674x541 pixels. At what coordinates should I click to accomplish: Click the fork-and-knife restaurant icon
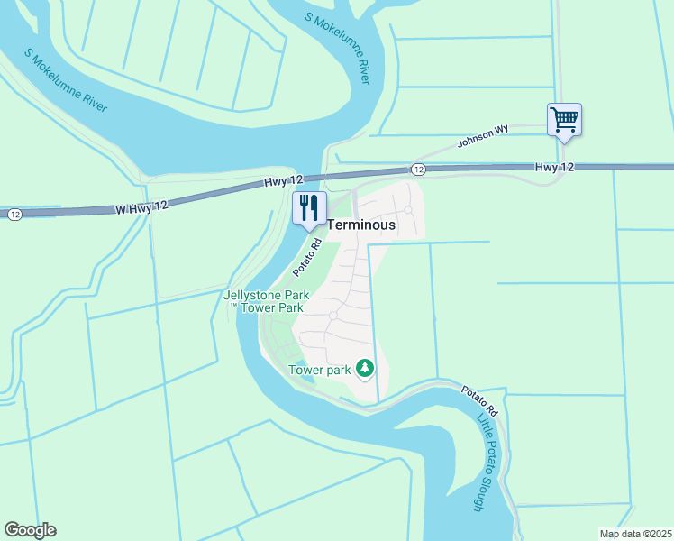309,207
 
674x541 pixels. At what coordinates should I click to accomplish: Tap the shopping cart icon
564,119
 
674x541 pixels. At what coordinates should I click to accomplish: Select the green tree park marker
365,368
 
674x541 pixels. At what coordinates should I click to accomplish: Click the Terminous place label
361,225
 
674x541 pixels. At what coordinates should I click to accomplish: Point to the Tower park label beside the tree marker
318,369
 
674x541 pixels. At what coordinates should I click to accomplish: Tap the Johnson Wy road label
483,135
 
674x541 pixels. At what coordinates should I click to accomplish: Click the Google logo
31,530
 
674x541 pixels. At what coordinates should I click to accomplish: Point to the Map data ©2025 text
635,534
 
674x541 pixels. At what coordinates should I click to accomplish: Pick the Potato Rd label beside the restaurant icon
308,257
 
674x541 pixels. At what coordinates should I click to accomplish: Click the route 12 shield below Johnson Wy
418,170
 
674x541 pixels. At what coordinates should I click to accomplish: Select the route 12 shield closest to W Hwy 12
14,215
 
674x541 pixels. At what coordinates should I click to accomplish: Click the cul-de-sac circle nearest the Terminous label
408,210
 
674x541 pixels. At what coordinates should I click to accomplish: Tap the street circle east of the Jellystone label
333,316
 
